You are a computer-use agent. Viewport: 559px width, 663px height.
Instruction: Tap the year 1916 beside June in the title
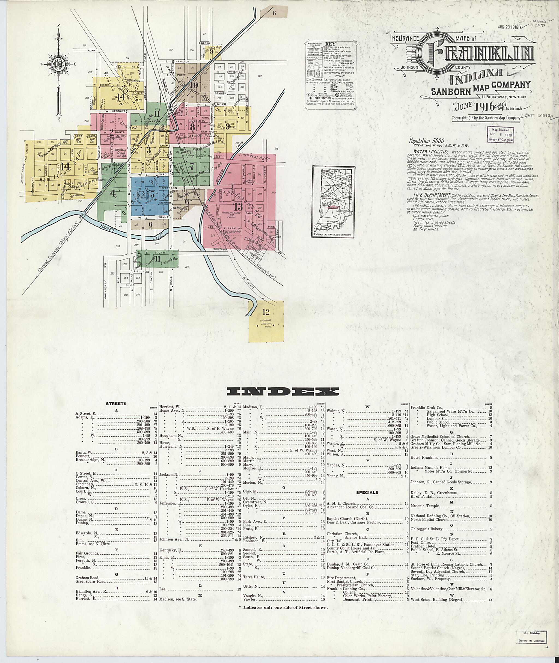click(x=484, y=106)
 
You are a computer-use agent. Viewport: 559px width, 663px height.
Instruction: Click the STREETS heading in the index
click(x=116, y=404)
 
